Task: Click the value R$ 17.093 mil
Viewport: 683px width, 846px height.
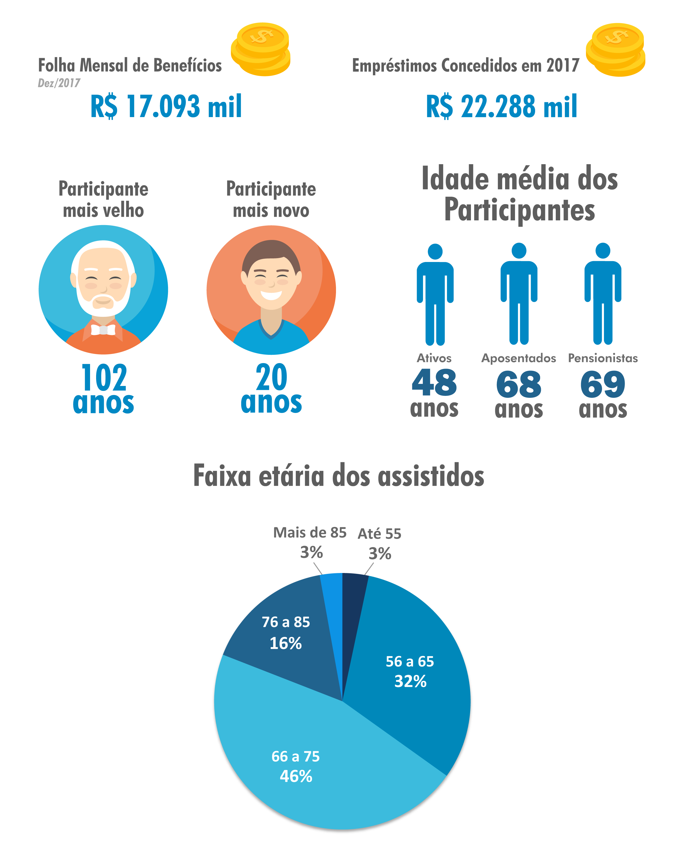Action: [166, 106]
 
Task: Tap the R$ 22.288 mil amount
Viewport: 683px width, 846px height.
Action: [502, 106]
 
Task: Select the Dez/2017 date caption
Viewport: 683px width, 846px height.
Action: [59, 83]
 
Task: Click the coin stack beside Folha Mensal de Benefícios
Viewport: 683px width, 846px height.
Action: [261, 49]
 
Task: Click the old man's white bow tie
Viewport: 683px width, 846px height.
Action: [103, 329]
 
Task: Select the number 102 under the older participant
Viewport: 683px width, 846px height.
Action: [104, 377]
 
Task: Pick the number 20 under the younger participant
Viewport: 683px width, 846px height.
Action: [272, 377]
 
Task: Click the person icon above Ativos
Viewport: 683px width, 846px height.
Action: [435, 294]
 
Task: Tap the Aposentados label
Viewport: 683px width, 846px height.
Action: [519, 358]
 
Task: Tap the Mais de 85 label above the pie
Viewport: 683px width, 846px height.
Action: [310, 533]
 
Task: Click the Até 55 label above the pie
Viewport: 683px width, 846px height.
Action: [379, 534]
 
